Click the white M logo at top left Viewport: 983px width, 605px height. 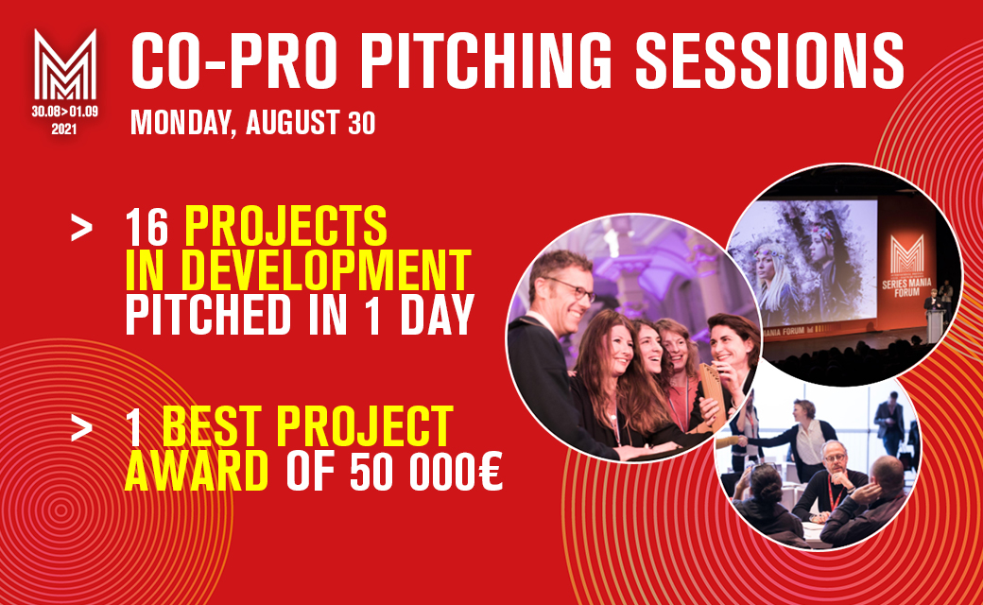[64, 67]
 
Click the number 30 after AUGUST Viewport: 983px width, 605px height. [360, 123]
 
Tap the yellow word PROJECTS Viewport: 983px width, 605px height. [285, 228]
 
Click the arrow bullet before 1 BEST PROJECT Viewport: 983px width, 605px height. [82, 427]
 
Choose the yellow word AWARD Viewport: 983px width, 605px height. [196, 473]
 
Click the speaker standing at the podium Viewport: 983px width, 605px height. [934, 307]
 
